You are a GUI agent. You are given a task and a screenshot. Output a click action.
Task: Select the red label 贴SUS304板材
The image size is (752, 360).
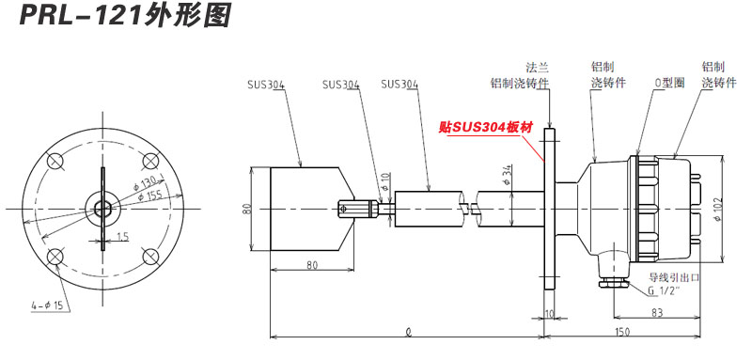(x=486, y=127)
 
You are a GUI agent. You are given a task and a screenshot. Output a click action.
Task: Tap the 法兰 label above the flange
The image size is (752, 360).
(x=536, y=68)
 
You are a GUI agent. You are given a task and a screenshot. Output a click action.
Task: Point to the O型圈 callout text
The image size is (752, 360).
(x=669, y=83)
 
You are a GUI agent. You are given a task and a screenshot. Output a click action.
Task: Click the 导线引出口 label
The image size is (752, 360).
(x=676, y=279)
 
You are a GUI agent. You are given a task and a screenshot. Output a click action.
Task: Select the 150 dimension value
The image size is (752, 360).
(x=622, y=331)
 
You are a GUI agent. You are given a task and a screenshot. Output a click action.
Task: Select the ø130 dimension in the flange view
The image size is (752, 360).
(x=145, y=180)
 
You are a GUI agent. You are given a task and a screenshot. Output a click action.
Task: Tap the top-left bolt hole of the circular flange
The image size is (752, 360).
(x=56, y=162)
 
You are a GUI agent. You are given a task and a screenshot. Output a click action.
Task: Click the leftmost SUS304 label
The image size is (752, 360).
(x=266, y=84)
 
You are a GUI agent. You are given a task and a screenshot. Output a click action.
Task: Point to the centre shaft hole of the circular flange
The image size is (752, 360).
(x=102, y=208)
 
